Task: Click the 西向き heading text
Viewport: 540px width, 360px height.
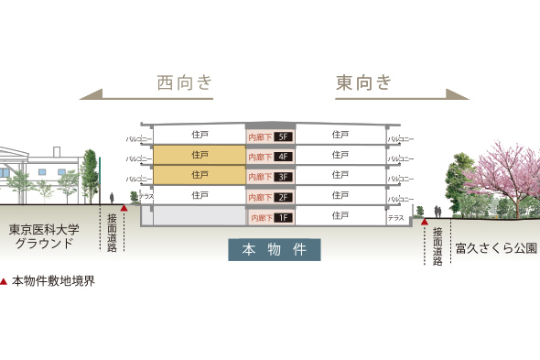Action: click(185, 82)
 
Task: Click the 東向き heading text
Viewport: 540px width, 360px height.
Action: click(363, 82)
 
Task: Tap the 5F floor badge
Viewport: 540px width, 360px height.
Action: click(283, 137)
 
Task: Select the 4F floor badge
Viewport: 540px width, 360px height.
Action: click(283, 157)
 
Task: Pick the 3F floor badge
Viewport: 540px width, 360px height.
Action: click(283, 176)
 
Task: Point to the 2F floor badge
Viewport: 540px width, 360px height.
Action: click(283, 197)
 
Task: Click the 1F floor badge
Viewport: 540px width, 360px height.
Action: click(284, 218)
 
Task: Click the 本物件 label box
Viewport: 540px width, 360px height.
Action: click(275, 249)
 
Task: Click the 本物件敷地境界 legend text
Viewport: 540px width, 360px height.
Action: click(53, 281)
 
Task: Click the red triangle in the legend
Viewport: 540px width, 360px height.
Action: click(5, 281)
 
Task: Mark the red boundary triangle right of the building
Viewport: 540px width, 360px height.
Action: click(425, 221)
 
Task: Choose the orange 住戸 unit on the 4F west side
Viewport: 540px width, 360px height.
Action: click(200, 155)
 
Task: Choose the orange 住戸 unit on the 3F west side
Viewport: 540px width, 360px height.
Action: click(200, 174)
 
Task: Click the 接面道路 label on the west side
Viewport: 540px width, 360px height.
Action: click(112, 231)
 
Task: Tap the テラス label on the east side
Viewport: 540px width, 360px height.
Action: click(395, 218)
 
